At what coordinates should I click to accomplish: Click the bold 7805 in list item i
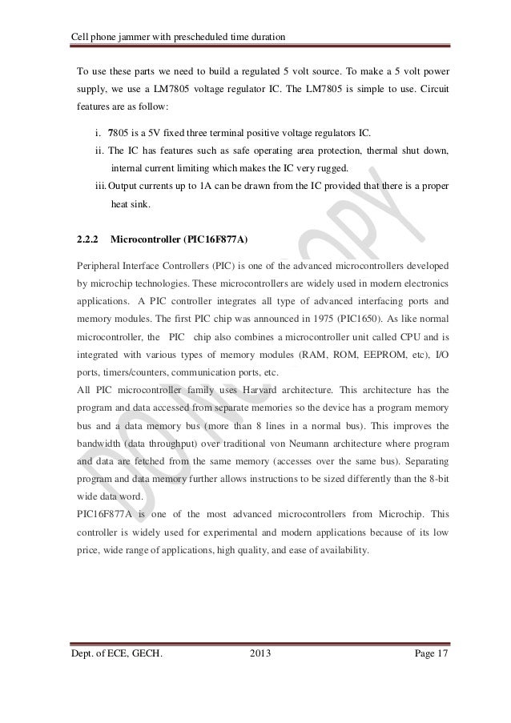[119, 131]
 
